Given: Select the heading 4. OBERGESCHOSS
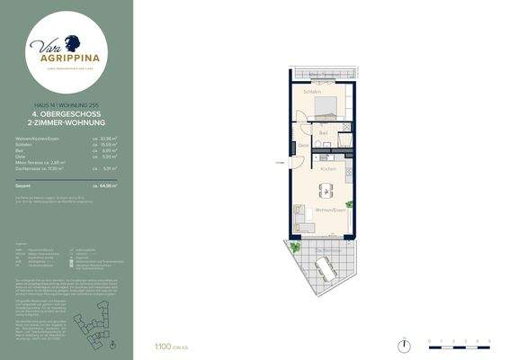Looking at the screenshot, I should coord(67,114).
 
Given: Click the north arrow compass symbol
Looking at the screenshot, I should coord(406,343).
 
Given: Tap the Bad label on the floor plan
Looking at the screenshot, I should coord(323,133).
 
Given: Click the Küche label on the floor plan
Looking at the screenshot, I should coord(327,168).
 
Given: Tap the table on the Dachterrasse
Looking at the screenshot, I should coord(326,266).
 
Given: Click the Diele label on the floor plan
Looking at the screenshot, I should coord(303,146).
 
